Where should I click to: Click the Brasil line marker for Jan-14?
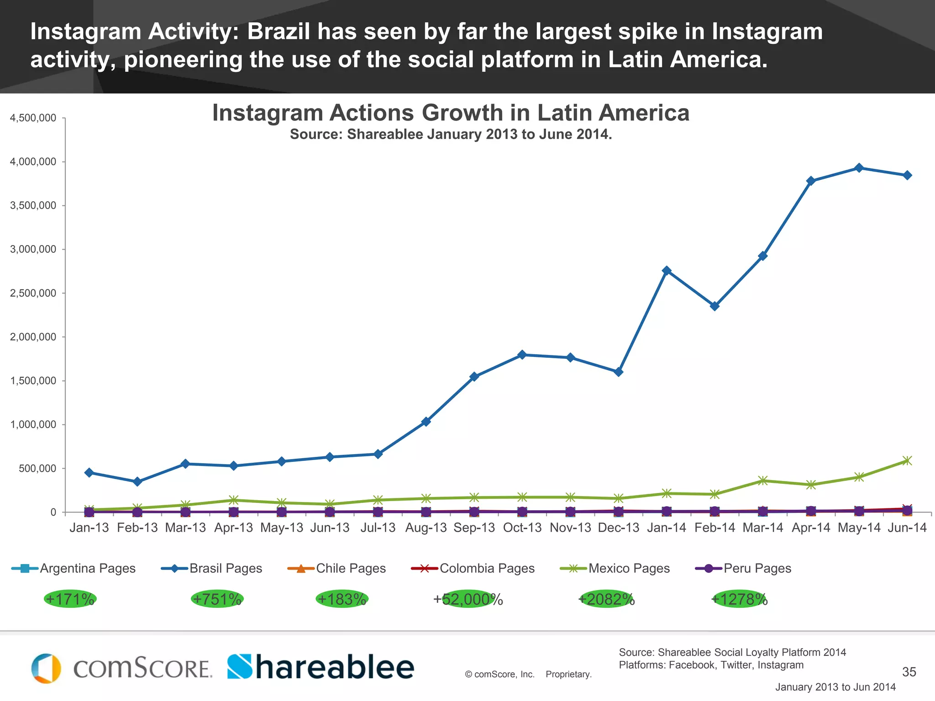tap(667, 271)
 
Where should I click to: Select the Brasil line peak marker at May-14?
tap(859, 168)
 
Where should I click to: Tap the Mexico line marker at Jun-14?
tap(907, 460)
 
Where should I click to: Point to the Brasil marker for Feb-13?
tap(137, 482)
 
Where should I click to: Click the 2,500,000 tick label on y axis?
tap(33, 293)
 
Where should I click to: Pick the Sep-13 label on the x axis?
tap(474, 528)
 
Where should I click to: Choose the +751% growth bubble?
tap(217, 599)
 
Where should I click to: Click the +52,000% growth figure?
tap(468, 599)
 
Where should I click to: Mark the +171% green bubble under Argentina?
tap(70, 599)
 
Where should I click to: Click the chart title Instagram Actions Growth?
tap(451, 113)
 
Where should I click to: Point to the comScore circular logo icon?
tap(46, 669)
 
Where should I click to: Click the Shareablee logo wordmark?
tap(321, 667)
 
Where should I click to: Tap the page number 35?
tap(909, 672)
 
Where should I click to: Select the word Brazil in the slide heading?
tap(278, 32)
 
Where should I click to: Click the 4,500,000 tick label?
tap(33, 118)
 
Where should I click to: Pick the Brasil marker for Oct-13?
tap(522, 355)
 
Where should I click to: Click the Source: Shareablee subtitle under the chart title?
tap(451, 135)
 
